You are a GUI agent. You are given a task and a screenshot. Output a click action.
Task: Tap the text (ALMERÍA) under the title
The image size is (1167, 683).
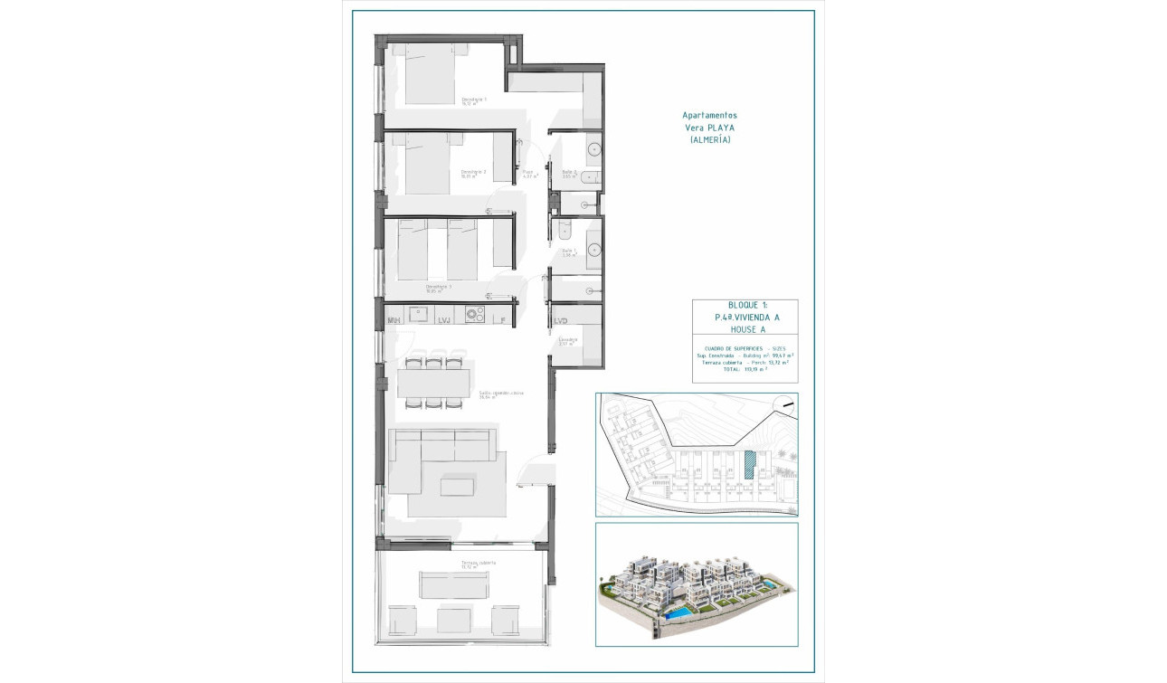709,140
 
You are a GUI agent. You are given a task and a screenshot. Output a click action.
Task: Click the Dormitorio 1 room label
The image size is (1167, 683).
474,99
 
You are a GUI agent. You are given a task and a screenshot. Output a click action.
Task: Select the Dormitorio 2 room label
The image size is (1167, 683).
474,172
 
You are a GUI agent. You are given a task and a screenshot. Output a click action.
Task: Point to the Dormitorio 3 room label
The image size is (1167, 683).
439,287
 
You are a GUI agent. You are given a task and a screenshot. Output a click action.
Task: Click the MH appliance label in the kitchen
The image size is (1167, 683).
394,320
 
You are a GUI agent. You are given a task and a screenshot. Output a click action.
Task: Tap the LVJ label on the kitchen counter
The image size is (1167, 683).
444,320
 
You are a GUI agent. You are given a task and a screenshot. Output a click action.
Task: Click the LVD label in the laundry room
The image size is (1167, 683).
561,320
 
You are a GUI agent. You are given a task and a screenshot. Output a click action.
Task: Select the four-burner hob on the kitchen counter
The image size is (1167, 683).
475,315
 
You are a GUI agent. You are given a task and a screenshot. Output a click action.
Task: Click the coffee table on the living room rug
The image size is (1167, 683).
455,487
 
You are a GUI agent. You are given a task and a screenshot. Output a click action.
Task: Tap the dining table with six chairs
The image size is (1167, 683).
433,383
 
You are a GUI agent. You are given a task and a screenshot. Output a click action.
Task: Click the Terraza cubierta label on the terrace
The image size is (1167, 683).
478,563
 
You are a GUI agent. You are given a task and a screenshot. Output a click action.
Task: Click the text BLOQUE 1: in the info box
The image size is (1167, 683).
745,305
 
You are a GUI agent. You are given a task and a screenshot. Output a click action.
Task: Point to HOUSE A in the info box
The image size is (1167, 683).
745,330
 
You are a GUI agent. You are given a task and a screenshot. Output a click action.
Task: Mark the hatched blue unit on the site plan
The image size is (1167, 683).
749,465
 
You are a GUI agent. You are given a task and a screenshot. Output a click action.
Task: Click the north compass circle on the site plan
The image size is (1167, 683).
787,406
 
